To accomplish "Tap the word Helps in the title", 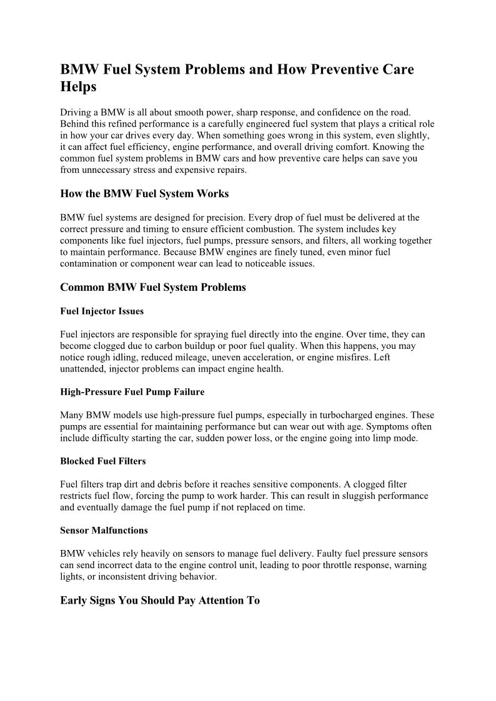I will [78, 87].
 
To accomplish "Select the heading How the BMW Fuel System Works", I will [144, 194].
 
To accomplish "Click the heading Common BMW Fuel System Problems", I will [153, 287].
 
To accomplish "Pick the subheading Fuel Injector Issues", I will [102, 311].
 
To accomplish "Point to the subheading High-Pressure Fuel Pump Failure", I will [132, 392].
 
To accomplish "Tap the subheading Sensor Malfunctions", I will [104, 530].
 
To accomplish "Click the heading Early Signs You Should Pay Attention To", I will [160, 601].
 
